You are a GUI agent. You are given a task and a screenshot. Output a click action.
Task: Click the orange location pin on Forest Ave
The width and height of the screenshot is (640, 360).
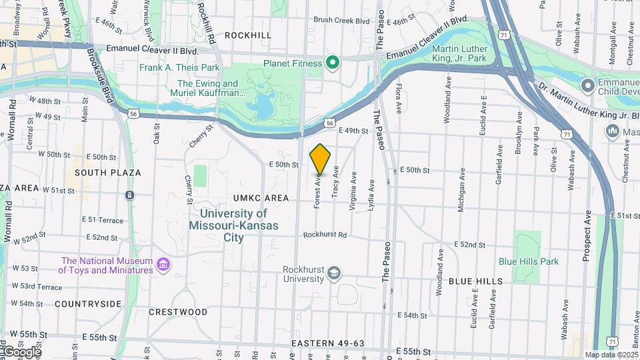point(321,159)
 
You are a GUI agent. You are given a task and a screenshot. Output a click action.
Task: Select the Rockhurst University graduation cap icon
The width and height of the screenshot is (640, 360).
point(334,273)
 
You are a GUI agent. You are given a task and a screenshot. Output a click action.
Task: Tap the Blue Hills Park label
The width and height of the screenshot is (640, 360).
point(529,261)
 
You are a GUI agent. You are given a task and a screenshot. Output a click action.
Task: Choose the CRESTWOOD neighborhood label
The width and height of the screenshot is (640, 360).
point(178,311)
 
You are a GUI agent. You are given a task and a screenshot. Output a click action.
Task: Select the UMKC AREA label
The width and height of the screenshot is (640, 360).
point(261,198)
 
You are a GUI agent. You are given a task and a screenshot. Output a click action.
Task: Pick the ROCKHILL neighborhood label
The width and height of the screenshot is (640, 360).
point(248,35)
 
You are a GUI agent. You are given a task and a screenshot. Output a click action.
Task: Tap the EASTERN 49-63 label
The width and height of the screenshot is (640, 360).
point(328,343)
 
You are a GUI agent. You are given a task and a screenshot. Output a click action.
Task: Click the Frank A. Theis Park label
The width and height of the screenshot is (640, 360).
point(179,67)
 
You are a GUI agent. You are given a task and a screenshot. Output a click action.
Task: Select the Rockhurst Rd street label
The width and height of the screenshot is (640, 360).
point(325,235)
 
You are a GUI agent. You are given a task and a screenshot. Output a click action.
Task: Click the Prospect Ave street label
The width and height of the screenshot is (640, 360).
point(587,235)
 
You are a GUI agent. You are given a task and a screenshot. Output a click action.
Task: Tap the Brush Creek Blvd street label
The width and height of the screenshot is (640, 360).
point(341,21)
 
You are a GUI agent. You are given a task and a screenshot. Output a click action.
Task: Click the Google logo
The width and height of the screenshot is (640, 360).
point(21,351)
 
